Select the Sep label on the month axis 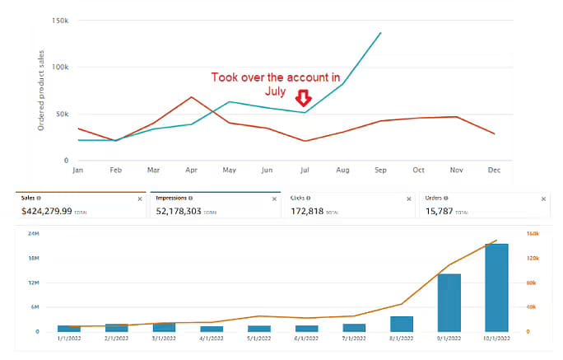click(x=380, y=171)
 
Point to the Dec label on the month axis click(x=493, y=171)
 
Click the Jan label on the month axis click(x=78, y=171)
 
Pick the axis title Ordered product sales click(x=40, y=91)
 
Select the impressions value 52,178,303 click(x=189, y=211)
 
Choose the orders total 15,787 click(x=443, y=211)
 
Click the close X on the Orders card click(x=543, y=199)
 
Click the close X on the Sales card click(x=139, y=199)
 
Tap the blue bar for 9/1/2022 click(x=449, y=302)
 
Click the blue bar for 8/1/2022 click(x=402, y=324)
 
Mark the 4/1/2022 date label click(x=212, y=338)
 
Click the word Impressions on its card click(x=173, y=199)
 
